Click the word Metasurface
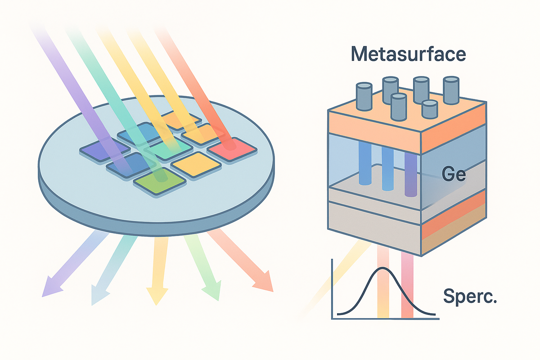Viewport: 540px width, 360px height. click(x=408, y=54)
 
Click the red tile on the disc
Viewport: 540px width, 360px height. click(x=232, y=149)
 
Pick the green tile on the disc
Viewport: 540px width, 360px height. click(x=160, y=180)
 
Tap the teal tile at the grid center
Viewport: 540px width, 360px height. click(x=168, y=148)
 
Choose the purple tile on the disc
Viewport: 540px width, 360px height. click(x=105, y=150)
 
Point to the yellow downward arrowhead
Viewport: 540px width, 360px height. click(x=157, y=296)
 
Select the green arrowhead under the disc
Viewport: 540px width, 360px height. click(x=213, y=291)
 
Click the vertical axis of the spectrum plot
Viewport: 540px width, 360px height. click(x=332, y=289)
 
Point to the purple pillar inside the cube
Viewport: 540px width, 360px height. click(x=411, y=174)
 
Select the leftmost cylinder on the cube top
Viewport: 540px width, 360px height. click(x=364, y=97)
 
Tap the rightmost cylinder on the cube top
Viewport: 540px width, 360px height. click(x=451, y=90)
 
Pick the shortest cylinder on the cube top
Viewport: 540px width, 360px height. click(x=430, y=109)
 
